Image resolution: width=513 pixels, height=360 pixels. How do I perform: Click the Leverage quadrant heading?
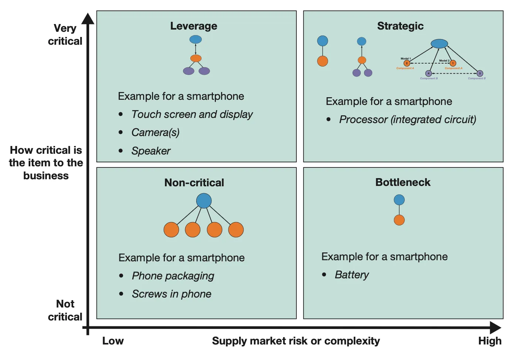(x=194, y=26)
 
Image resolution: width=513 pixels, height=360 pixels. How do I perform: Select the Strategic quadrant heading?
(x=400, y=26)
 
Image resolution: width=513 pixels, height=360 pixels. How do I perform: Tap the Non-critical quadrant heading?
(x=194, y=183)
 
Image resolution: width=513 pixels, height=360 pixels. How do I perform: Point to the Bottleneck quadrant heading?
(x=403, y=182)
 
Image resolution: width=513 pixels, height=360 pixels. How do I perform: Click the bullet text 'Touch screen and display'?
(x=192, y=115)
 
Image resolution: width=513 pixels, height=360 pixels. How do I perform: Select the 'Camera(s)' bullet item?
(x=155, y=132)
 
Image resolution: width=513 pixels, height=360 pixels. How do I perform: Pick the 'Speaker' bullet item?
(x=151, y=151)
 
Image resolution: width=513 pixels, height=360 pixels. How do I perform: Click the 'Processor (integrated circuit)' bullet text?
(x=407, y=119)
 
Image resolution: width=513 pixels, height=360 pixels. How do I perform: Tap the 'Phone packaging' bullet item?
(x=173, y=276)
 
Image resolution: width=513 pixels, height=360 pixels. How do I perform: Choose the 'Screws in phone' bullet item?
(x=171, y=294)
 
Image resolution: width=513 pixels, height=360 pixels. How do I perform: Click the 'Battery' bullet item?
(x=351, y=275)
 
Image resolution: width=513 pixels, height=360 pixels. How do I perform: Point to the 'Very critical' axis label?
(x=65, y=35)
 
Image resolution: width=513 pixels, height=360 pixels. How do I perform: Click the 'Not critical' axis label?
(x=65, y=310)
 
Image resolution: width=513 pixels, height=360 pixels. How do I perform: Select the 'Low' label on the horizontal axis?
(x=113, y=341)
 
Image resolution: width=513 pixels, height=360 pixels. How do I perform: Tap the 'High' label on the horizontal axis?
(x=490, y=341)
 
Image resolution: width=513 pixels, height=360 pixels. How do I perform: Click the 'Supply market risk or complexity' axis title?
(x=296, y=341)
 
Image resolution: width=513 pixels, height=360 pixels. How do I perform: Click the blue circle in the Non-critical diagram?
(x=204, y=201)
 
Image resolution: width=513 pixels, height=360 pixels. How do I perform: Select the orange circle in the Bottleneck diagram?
(x=399, y=220)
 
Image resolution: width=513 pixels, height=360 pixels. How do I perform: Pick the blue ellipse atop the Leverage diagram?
(x=196, y=39)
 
